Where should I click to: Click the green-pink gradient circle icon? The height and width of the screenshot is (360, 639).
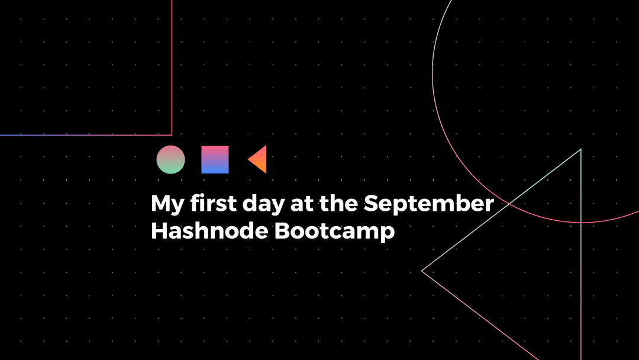pyautogui.click(x=170, y=159)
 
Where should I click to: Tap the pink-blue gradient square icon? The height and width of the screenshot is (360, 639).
pyautogui.click(x=215, y=159)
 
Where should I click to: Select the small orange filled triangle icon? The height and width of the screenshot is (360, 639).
pyautogui.click(x=259, y=159)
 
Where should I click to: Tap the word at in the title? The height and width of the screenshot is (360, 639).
pyautogui.click(x=302, y=204)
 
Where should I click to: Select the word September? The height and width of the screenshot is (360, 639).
pyautogui.click(x=428, y=204)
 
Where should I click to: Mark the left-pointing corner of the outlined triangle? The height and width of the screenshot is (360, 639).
pyautogui.click(x=422, y=271)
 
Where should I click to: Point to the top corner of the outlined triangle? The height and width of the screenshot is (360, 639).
pyautogui.click(x=580, y=150)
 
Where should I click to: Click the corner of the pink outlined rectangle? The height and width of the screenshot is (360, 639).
pyautogui.click(x=172, y=134)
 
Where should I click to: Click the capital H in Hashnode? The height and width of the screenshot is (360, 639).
pyautogui.click(x=160, y=230)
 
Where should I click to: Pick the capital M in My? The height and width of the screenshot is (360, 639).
pyautogui.click(x=161, y=203)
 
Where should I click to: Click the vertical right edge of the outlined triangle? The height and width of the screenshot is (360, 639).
pyautogui.click(x=581, y=249)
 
